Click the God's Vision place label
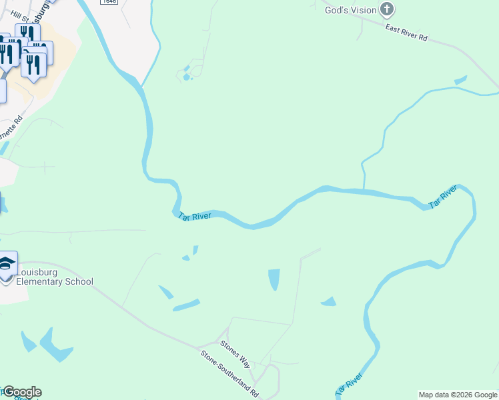[350, 10]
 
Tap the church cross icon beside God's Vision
[387, 9]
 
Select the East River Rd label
[406, 32]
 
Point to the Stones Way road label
[235, 354]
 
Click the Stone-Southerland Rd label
[229, 374]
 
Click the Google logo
[22, 392]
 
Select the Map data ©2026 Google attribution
[457, 395]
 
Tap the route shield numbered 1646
[110, 2]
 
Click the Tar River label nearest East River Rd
[443, 197]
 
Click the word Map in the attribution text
[426, 395]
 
